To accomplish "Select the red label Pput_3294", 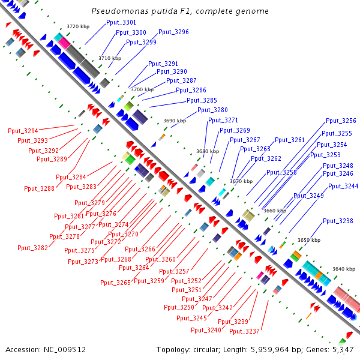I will [23, 131].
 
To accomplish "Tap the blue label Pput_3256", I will [341, 121].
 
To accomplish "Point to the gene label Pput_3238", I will [338, 221].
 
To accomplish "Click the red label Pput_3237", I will [244, 331].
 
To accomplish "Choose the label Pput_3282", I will [32, 247].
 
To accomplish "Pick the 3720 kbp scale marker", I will [77, 26].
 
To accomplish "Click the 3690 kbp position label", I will [175, 121].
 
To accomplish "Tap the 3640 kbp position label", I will [344, 269].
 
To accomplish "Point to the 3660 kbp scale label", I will [275, 211].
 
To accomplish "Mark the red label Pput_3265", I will [115, 282].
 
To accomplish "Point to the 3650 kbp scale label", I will [309, 240].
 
